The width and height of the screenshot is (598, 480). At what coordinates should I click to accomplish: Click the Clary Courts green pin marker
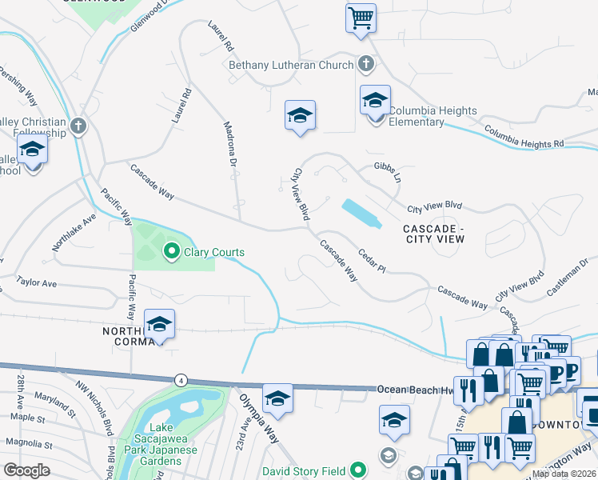[171, 252]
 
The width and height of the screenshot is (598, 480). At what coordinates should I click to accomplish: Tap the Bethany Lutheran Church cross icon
[366, 64]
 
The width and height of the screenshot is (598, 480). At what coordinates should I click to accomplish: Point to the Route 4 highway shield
[182, 379]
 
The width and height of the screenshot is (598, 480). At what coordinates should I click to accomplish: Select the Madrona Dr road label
[229, 150]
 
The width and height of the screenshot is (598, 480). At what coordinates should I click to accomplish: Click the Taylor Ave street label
[37, 283]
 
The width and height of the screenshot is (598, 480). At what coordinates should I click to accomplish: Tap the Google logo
[26, 470]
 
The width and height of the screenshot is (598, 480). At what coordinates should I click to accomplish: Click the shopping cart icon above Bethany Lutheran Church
[361, 17]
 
